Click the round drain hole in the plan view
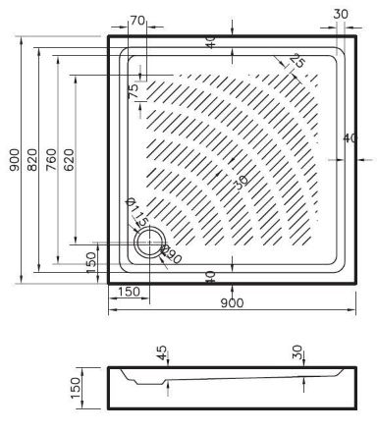pyautogui.click(x=149, y=244)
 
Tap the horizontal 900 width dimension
pyautogui.click(x=233, y=302)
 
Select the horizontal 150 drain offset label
pyautogui.click(x=127, y=292)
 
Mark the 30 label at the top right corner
pyautogui.click(x=340, y=14)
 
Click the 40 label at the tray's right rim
pyautogui.click(x=350, y=137)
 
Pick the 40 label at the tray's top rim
pyautogui.click(x=210, y=42)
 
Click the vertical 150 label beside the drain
pyautogui.click(x=90, y=263)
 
